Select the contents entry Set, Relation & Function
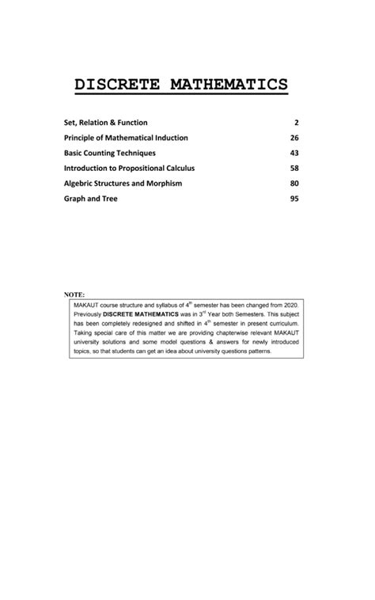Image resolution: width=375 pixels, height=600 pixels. click(x=105, y=123)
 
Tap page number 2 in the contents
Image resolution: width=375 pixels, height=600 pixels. click(x=296, y=123)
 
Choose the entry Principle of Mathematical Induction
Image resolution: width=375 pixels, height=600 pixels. click(x=126, y=138)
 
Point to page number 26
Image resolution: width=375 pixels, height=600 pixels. click(x=294, y=138)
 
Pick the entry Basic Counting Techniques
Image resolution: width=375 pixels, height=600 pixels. click(x=110, y=153)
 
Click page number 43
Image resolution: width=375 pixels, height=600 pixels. click(x=294, y=153)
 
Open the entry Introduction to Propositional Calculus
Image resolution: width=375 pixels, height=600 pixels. click(x=129, y=168)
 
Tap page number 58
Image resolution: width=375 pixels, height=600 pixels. click(x=294, y=168)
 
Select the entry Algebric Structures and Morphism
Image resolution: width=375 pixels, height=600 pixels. click(x=123, y=183)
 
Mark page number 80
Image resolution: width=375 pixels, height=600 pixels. click(x=294, y=183)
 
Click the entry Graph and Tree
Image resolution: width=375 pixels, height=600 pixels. click(x=90, y=199)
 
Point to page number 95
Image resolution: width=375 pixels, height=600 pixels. click(x=294, y=199)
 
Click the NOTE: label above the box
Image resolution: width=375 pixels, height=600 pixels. click(x=74, y=294)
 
